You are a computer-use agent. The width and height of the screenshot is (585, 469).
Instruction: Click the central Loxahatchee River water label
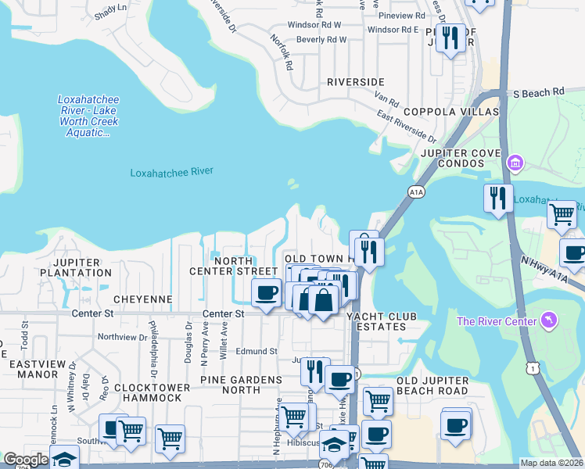(x=171, y=172)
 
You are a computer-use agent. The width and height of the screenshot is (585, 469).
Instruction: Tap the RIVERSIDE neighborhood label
(x=355, y=82)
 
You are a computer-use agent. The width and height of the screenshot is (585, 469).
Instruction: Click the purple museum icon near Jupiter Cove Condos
(x=515, y=163)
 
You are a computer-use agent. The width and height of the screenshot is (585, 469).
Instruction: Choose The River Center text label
(x=497, y=322)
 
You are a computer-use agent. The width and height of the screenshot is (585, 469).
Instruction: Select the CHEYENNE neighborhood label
(x=142, y=299)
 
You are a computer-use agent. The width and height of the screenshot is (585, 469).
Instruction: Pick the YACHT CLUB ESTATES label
(x=380, y=322)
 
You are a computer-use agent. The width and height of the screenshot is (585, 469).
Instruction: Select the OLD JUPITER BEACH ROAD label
(x=432, y=385)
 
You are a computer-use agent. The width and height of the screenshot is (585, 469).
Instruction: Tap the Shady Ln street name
(x=109, y=7)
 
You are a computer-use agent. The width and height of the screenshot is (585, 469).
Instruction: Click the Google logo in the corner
(x=26, y=460)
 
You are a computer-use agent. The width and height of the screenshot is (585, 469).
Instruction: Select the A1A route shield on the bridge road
(x=415, y=189)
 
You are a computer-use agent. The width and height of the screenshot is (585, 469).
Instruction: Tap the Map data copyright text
(x=551, y=463)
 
